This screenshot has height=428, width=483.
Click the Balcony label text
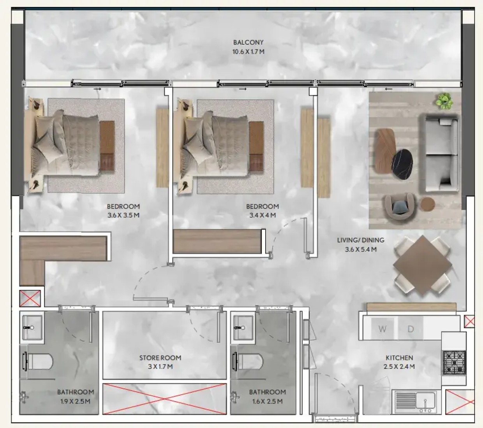(248, 42)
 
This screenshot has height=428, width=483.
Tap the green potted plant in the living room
(444, 101)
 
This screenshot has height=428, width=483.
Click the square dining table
(422, 266)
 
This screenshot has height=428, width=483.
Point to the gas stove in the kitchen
(455, 363)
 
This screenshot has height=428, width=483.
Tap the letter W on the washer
(382, 329)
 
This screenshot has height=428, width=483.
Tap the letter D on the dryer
(411, 329)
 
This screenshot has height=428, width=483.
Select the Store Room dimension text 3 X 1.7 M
(160, 367)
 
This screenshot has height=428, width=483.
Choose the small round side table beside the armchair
(427, 204)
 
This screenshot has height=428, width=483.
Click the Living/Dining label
(361, 240)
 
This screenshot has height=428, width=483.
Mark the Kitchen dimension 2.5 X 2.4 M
(399, 367)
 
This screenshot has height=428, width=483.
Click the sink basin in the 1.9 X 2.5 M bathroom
(32, 327)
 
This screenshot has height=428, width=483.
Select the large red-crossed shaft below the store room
(164, 398)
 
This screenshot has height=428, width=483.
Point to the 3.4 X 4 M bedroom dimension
(263, 215)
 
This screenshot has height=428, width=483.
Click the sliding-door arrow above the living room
(389, 89)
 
